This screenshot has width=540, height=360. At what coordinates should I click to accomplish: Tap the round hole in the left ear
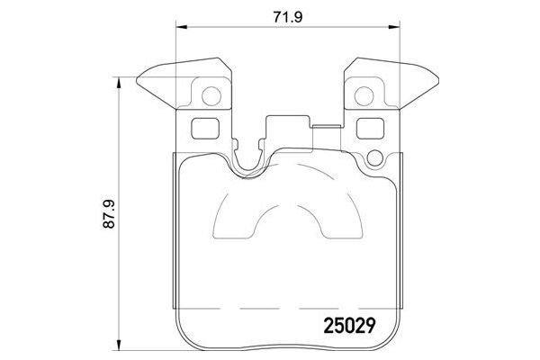210,93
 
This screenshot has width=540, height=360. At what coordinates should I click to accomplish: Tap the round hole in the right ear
365,93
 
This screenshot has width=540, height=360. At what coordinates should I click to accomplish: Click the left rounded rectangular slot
205,128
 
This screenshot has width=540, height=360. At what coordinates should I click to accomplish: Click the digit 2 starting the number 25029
328,321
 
